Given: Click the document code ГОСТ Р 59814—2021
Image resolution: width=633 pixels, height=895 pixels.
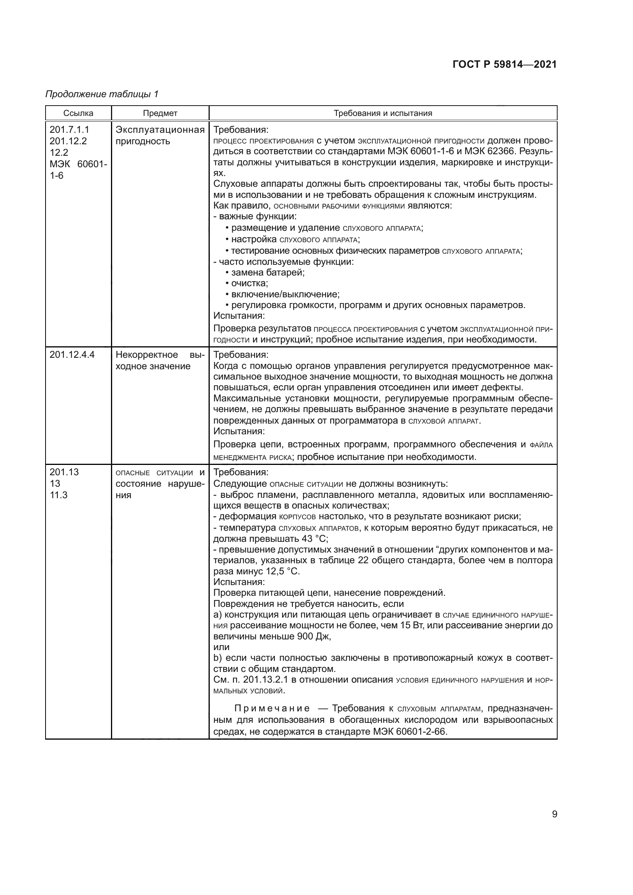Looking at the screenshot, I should tap(504, 65).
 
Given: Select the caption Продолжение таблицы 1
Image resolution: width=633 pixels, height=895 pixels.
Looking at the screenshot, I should tap(102, 94).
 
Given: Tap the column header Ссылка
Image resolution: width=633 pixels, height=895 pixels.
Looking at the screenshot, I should tap(78, 113).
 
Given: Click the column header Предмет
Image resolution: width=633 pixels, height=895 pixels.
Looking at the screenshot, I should tap(160, 113).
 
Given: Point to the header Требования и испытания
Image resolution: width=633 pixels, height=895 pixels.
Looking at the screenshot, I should tap(383, 113).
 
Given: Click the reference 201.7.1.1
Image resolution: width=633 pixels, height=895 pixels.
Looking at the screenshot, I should tap(69, 129).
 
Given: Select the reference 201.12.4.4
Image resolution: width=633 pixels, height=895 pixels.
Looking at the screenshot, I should tap(72, 355).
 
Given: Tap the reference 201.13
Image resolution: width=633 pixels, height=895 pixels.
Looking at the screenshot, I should tap(64, 472).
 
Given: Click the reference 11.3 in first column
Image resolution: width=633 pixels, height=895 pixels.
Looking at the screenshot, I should tap(59, 495).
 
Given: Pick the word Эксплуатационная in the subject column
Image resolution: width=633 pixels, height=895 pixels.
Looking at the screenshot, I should tap(160, 130).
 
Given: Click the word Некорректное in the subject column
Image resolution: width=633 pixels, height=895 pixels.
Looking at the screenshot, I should tap(147, 355).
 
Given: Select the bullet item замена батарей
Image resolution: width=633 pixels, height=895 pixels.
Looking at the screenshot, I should tap(268, 272).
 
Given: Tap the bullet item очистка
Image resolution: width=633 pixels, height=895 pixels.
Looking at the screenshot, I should tap(250, 284).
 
